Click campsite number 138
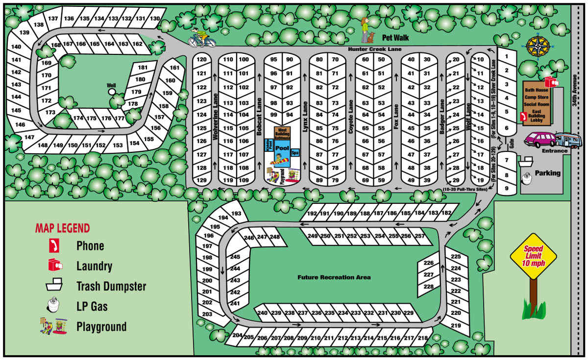(x=39, y=24)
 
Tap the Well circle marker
(x=112, y=91)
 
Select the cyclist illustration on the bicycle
(x=201, y=37)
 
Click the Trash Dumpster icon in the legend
(x=55, y=285)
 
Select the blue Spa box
(x=295, y=153)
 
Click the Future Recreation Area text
(x=334, y=277)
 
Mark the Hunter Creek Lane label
(x=374, y=49)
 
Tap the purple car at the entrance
(x=539, y=140)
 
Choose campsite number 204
(x=237, y=336)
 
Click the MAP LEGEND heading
(x=62, y=228)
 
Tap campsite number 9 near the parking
(x=507, y=188)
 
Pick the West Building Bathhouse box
(x=282, y=133)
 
